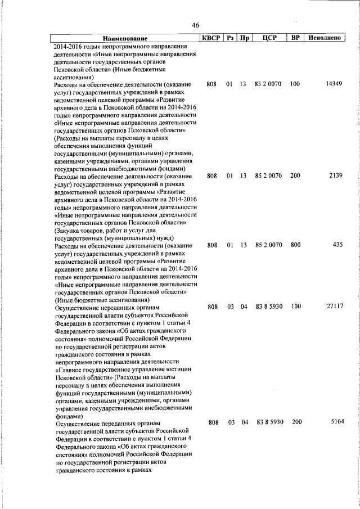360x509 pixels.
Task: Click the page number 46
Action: coord(196,25)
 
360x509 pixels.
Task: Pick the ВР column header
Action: coord(295,38)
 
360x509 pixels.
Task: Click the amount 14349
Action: coord(334,84)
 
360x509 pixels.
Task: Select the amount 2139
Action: coord(336,176)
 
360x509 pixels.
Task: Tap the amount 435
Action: coord(338,245)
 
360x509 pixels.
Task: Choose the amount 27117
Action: coord(334,307)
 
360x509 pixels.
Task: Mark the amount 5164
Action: coord(336,422)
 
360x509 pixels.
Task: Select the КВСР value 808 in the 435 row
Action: coord(211,245)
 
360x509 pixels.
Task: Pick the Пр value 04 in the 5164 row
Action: coord(244,422)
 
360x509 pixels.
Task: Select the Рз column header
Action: coord(229,38)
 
